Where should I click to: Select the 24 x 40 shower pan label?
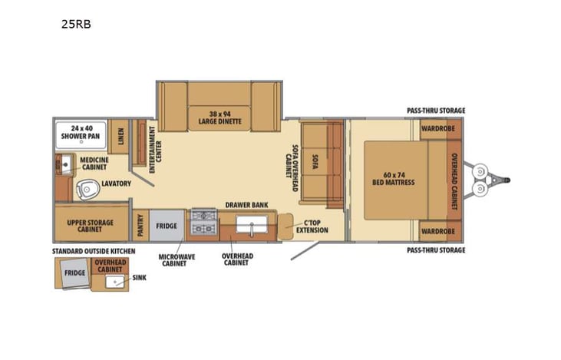pos(81,133)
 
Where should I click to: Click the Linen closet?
pos(120,136)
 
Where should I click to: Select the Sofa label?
pos(315,161)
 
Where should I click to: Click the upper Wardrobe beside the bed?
pos(439,129)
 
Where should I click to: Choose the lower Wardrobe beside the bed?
pos(439,230)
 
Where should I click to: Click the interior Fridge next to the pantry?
pos(167,226)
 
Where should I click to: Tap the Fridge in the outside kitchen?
pos(74,272)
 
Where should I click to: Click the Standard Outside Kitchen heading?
pos(94,251)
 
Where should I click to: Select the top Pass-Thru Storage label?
pos(436,111)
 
